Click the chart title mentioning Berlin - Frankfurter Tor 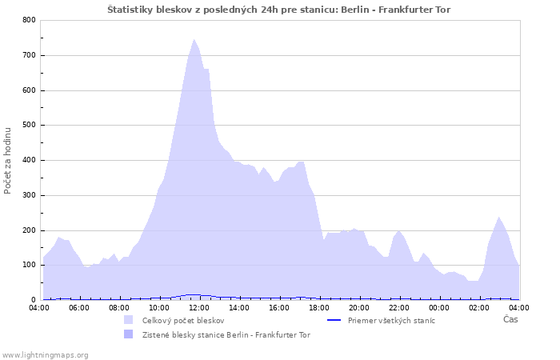pyautogui.click(x=279, y=10)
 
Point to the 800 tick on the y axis pyautogui.click(x=30, y=20)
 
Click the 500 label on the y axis pyautogui.click(x=30, y=126)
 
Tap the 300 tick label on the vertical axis pyautogui.click(x=30, y=195)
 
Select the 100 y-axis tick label pyautogui.click(x=30, y=266)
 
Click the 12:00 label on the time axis pyautogui.click(x=199, y=308)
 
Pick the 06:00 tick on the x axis pyautogui.click(x=79, y=308)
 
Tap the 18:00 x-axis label pyautogui.click(x=319, y=308)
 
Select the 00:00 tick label pyautogui.click(x=439, y=308)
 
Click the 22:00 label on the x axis pyautogui.click(x=399, y=308)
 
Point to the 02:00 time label pyautogui.click(x=479, y=308)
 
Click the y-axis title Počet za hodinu pyautogui.click(x=7, y=161)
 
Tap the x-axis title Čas pyautogui.click(x=510, y=319)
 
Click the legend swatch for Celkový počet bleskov pyautogui.click(x=128, y=320)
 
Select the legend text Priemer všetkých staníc pyautogui.click(x=391, y=321)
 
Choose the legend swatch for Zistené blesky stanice pyautogui.click(x=128, y=334)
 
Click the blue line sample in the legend pyautogui.click(x=334, y=320)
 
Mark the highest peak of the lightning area pyautogui.click(x=194, y=40)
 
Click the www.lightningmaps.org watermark pyautogui.click(x=45, y=355)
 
